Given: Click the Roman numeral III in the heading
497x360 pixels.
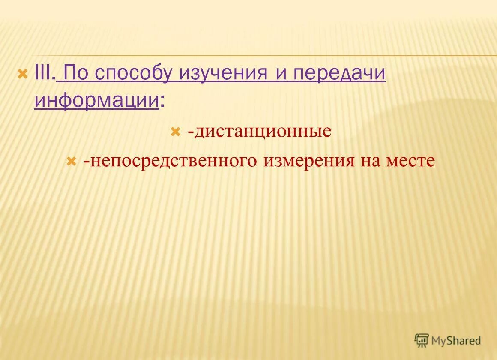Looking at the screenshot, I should point(43,74).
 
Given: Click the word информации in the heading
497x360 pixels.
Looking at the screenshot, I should point(96,101).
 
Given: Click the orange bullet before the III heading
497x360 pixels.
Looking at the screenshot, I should point(22,74).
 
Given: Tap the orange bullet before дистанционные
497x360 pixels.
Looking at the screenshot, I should point(175,131).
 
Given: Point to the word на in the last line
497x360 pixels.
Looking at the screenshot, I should point(371,162).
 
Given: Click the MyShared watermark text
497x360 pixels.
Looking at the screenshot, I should point(456,341).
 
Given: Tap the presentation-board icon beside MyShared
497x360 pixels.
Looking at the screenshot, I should point(422,340).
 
